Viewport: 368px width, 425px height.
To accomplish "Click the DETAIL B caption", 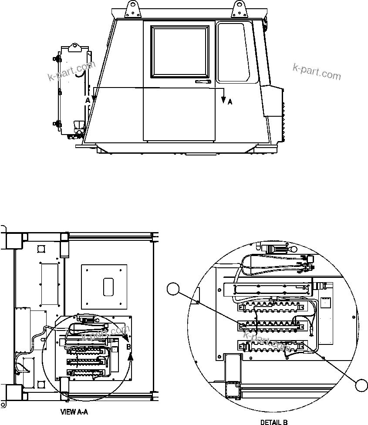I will (x=274, y=422).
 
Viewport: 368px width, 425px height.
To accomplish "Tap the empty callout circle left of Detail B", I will (x=174, y=288).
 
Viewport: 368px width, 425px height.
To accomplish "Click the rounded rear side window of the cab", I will (x=237, y=53).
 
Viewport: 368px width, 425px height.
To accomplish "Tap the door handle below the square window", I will (x=203, y=82).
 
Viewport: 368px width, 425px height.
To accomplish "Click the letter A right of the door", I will (x=230, y=102).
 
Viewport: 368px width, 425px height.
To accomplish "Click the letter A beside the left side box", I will (x=88, y=100).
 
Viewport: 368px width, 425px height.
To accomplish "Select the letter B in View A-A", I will (x=128, y=347).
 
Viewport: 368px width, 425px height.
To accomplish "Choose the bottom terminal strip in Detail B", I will (x=269, y=346).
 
